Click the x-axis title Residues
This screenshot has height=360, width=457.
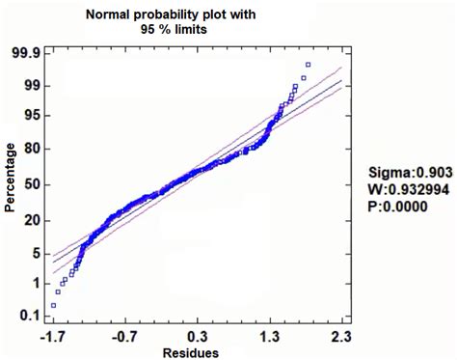[198, 351]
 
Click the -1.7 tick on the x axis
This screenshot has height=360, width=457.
[53, 336]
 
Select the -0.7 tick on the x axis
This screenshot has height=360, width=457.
[125, 336]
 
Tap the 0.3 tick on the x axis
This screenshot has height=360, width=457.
[199, 336]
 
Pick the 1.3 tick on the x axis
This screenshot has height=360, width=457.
[271, 336]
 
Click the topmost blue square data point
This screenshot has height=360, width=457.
[308, 65]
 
